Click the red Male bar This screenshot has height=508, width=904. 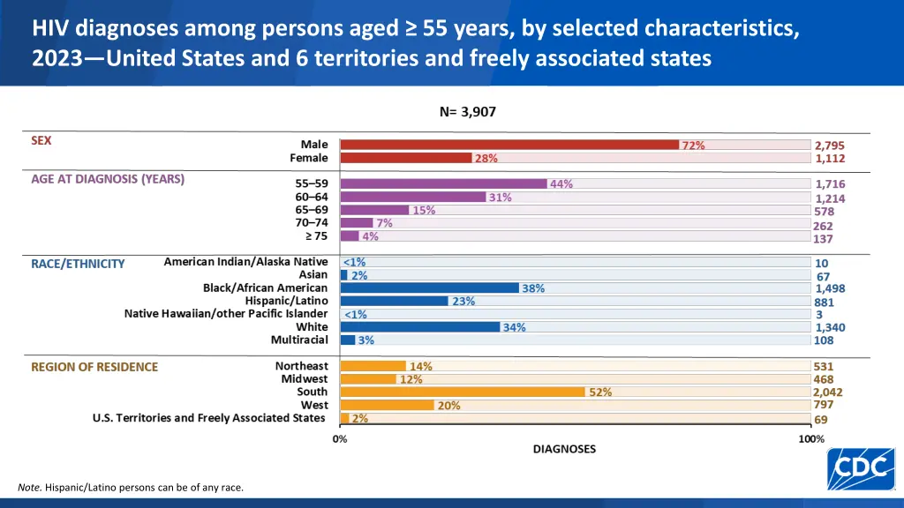click(x=509, y=145)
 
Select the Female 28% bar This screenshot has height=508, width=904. click(x=406, y=158)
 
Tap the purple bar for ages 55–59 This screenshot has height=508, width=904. click(x=443, y=184)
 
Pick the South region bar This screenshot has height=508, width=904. click(x=462, y=392)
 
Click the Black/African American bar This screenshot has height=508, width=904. click(x=429, y=288)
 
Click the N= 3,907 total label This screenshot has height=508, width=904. click(x=473, y=112)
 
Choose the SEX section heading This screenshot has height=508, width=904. click(x=41, y=139)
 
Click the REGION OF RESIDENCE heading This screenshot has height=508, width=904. click(x=94, y=367)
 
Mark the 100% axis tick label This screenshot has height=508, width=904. click(x=810, y=438)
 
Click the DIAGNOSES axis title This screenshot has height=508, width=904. click(x=564, y=449)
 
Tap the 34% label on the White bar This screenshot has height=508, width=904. click(x=514, y=327)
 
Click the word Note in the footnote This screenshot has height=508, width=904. click(x=28, y=488)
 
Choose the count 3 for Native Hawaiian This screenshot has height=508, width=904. click(x=819, y=314)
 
